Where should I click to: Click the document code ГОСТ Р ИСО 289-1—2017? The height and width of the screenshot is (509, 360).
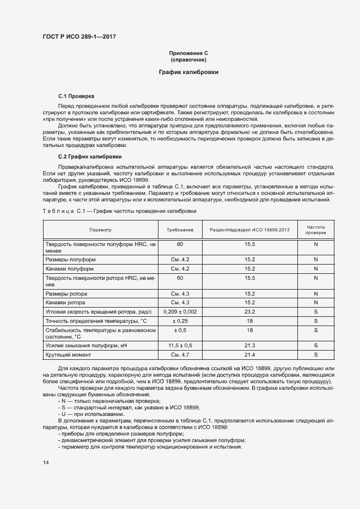[x=79, y=37]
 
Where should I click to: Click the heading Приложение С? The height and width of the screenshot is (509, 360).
[x=188, y=53]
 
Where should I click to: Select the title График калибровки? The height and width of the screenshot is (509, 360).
[x=188, y=72]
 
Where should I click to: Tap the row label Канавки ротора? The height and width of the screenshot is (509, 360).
[x=67, y=302]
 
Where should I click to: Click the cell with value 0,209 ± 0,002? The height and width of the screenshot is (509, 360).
[x=180, y=311]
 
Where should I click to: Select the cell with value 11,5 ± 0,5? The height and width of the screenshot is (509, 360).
[x=180, y=345]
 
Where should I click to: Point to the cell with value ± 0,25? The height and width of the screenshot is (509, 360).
[x=180, y=321]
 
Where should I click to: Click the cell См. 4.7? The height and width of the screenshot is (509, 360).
[x=180, y=355]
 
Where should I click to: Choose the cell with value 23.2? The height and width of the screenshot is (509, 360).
[x=250, y=311]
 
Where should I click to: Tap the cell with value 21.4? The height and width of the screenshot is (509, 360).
[x=250, y=355]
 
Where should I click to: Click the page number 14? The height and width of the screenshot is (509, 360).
[x=46, y=462]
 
